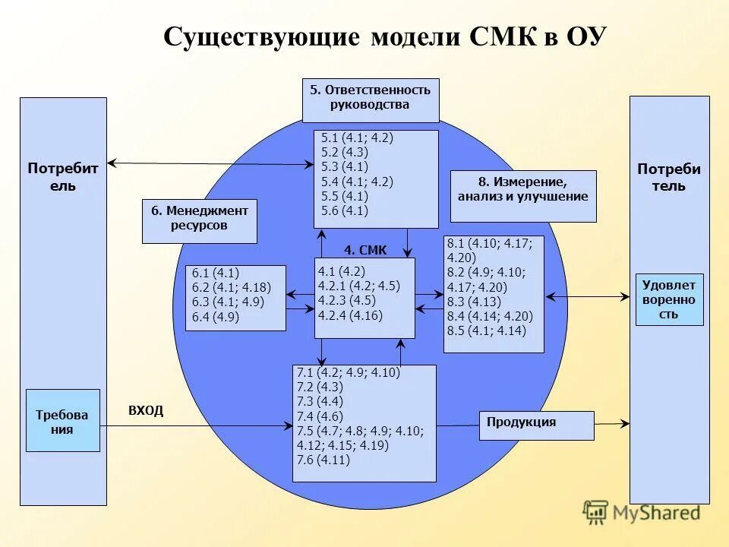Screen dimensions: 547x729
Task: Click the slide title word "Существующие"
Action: coord(261,37)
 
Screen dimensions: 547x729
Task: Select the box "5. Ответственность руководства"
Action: coord(371,100)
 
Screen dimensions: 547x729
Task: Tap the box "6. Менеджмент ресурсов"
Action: coord(200,220)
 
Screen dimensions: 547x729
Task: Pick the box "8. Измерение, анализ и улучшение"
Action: coord(523,196)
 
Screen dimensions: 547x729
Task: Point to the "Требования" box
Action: coord(62,421)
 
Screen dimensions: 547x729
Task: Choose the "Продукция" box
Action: coord(536,425)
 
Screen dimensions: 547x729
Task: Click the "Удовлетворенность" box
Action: coord(669,299)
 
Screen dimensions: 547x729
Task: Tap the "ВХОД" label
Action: coord(146,410)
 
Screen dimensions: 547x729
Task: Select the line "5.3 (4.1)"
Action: coord(345,167)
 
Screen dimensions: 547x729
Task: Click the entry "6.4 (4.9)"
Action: coord(216,318)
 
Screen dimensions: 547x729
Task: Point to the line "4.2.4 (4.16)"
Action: coord(351,315)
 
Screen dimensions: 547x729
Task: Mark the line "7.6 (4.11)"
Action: coord(323,460)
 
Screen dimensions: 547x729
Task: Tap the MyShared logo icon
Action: coord(595,512)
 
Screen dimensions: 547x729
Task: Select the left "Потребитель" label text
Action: coord(63,176)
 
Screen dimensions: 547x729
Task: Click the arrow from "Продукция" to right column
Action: coord(612,423)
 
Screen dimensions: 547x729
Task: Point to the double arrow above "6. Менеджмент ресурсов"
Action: coord(210,164)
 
